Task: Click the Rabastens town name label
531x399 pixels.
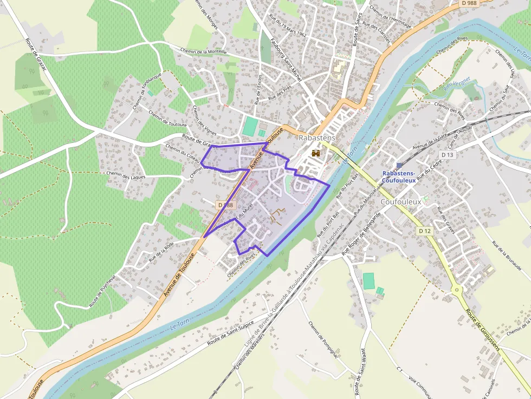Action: click(317, 138)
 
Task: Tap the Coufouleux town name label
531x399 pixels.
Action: click(401, 201)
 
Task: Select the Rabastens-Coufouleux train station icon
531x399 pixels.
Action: click(399, 165)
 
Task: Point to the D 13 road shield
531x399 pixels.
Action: click(447, 155)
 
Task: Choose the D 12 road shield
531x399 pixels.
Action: click(425, 231)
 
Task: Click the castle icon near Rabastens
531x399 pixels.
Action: click(316, 153)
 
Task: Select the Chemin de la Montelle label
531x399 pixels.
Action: click(204, 52)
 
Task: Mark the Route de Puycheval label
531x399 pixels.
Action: click(102, 291)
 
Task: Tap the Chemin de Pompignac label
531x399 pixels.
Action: click(323, 339)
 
